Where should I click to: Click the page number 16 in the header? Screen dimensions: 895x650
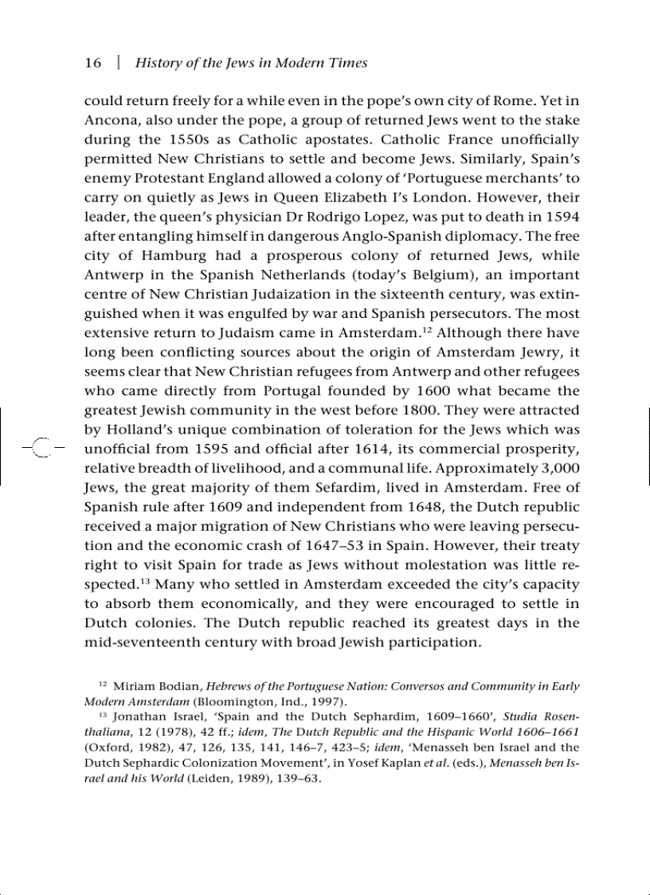click(93, 63)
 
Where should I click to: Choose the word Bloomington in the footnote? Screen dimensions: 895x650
click(232, 702)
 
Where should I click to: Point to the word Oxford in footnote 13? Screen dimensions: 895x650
click(105, 748)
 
